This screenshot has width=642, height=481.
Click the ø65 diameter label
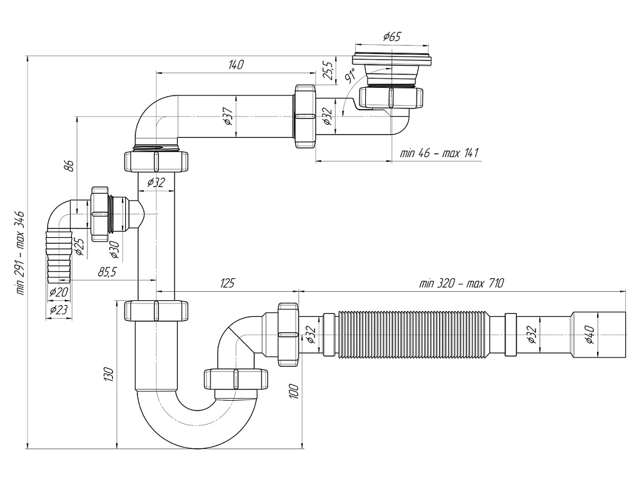tap(392, 37)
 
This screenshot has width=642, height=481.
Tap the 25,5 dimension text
tap(327, 68)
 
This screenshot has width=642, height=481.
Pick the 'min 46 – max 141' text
tap(440, 153)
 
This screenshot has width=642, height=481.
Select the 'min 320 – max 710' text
tap(462, 283)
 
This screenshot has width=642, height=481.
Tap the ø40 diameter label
tap(589, 334)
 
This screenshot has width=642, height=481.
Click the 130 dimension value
tap(109, 374)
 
